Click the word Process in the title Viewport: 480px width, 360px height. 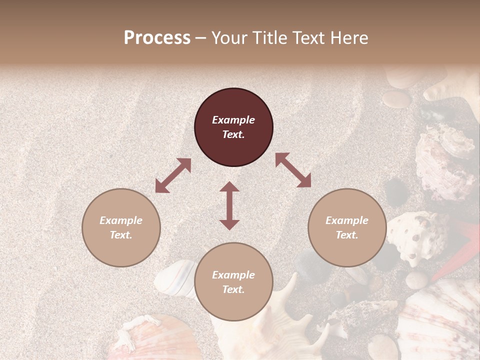pos(157,38)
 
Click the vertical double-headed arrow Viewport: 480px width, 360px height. pos(229,205)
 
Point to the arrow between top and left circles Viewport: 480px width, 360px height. pos(173,175)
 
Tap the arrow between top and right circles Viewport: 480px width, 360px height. pos(293,170)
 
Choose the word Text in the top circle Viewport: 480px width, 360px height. pos(233,134)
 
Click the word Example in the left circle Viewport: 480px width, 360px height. pos(121,220)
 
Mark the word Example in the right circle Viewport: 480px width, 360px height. pos(347,220)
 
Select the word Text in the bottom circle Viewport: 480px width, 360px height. pos(233,289)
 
